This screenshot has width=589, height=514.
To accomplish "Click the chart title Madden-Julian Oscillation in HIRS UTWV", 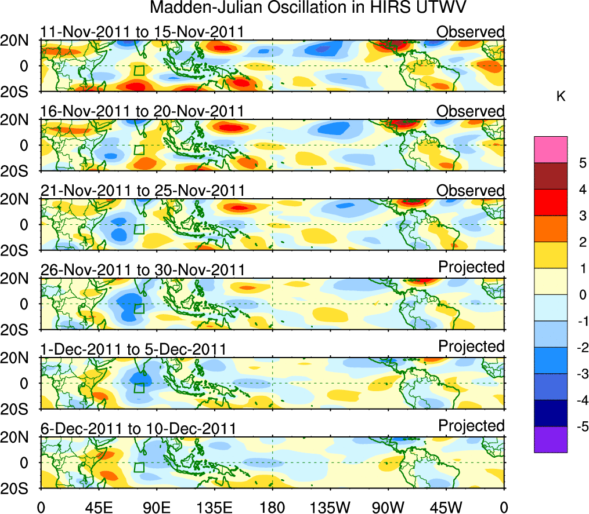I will pos(308,8).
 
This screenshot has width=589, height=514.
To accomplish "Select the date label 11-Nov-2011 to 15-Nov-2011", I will pos(142,32).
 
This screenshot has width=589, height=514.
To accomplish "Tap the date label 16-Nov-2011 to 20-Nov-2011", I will pos(142,111).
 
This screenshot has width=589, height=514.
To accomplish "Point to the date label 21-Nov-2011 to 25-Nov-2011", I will pos(142,191).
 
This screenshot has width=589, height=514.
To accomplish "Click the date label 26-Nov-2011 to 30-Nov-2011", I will pos(142,269).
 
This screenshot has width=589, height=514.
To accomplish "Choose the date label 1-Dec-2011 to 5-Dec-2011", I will pos(133,349).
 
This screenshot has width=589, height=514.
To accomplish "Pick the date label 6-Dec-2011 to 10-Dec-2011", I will pos(138,428).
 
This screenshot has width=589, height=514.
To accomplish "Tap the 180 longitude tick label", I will pos(272,506).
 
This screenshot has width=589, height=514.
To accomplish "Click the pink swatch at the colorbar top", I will pos(550,150).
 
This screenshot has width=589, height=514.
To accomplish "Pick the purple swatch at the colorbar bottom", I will pos(550,439).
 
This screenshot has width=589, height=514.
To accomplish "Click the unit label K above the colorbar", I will pos(561,96).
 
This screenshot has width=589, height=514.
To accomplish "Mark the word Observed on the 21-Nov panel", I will pos(470,191).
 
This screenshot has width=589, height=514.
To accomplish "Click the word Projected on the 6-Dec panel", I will pos(471,426).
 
